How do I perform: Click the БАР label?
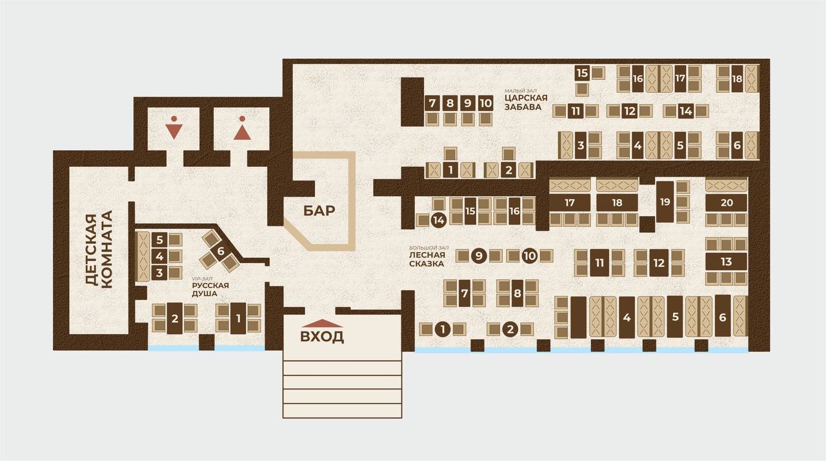pos(319,211)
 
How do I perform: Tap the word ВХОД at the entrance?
pos(322,337)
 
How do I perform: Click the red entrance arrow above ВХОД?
pos(322,323)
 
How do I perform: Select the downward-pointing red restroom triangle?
pos(174,131)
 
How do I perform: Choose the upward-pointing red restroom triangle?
pos(242,132)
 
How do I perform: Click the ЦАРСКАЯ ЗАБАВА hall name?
pos(526,103)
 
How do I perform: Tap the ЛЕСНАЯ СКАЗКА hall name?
pos(427,259)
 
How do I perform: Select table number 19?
pos(665,202)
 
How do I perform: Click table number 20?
pos(727,202)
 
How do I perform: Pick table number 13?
pos(726,262)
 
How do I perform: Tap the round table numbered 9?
pos(479,256)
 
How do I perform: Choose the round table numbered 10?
pos(530,256)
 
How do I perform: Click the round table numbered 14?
pos(439,221)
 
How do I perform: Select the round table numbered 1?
pos(443,329)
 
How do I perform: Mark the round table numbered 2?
pos(510,329)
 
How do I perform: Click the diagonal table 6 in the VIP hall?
pos(221,251)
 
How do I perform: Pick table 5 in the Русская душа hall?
pos(159,240)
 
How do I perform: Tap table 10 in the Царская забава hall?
pos(486,103)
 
